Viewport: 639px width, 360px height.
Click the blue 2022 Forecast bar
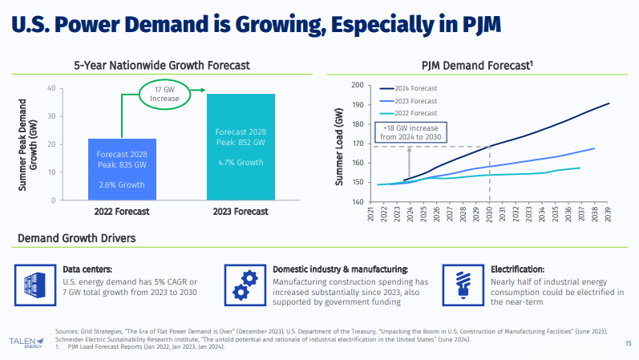pos(122,169)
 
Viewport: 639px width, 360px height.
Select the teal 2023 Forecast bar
pos(241,147)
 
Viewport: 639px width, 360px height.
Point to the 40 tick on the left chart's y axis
pos(51,88)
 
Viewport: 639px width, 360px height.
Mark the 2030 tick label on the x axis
pos(490,214)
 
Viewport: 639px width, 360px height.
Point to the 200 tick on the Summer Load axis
pos(358,85)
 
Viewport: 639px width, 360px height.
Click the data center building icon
pos(32,282)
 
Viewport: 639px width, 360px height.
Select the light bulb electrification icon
pos(463,282)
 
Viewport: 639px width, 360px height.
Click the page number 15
pos(627,343)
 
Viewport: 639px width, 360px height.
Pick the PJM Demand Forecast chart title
pos(477,64)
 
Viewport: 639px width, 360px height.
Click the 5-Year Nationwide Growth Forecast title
pos(162,64)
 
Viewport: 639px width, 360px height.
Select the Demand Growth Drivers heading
pos(76,238)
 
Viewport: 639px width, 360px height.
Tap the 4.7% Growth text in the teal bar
pos(241,163)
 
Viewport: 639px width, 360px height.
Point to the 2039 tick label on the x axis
pos(609,214)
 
